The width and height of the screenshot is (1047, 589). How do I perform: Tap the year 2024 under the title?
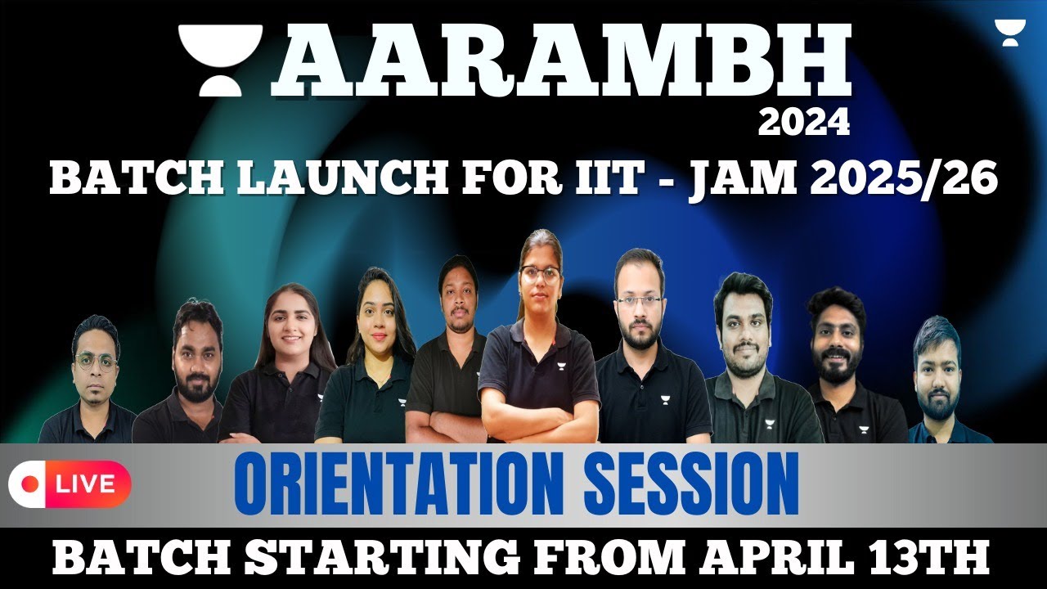coord(803,124)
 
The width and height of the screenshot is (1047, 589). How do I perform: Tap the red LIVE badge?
coord(70,484)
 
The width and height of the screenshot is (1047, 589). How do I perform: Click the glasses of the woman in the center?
coord(540,274)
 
